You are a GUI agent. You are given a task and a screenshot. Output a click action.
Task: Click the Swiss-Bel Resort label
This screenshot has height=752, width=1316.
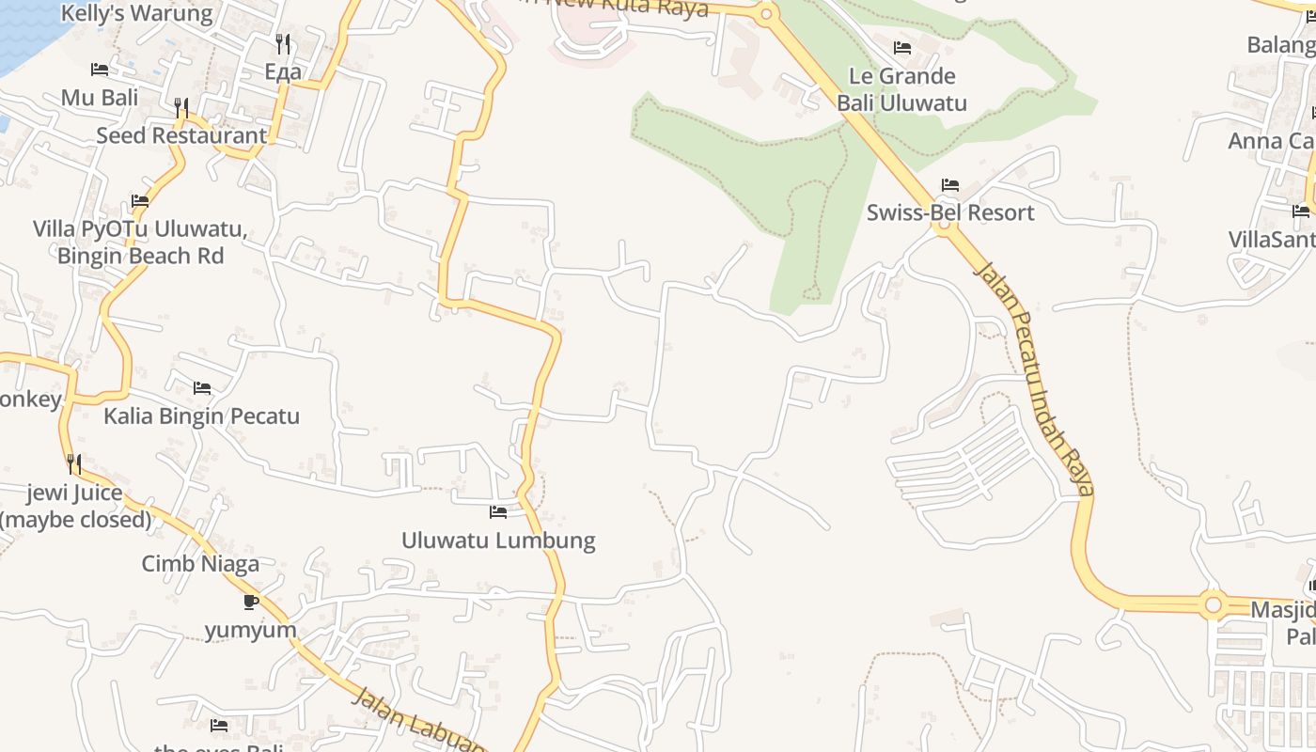949,212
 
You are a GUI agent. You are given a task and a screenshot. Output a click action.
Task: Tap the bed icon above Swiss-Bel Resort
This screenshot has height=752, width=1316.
949,185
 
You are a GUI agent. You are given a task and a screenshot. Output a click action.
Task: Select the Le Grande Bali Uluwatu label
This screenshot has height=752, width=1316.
901,89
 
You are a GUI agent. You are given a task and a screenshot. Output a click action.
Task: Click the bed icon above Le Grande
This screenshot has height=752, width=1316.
902,48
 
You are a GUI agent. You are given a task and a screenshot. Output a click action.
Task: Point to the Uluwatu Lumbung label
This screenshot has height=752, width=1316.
498,540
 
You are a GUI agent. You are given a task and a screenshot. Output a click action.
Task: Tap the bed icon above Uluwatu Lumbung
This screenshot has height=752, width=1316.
498,512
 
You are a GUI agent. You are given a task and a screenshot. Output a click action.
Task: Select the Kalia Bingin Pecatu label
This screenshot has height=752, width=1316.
201,415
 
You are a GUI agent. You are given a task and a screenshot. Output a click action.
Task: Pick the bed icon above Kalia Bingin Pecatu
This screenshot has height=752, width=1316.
201,388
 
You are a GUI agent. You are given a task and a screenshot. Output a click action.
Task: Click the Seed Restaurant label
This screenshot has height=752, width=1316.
181,135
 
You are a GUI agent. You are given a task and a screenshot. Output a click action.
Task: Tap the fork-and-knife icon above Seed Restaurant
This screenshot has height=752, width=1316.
181,108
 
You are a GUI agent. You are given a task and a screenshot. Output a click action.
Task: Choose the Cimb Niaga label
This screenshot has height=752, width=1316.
200,564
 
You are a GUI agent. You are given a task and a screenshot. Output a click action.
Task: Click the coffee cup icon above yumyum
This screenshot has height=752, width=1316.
250,602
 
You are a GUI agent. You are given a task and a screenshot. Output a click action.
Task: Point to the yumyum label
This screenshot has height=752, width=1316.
250,630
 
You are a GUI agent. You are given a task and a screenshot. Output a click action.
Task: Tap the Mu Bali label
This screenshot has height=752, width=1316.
100,97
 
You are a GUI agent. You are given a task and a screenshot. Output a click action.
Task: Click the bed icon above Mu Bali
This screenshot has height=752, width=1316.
100,70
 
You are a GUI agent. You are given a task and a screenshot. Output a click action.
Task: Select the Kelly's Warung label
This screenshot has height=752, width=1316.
137,13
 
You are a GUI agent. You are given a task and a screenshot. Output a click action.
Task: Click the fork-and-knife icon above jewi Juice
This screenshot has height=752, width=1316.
73,463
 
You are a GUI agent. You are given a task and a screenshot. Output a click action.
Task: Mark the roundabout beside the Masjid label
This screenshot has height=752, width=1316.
1213,603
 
